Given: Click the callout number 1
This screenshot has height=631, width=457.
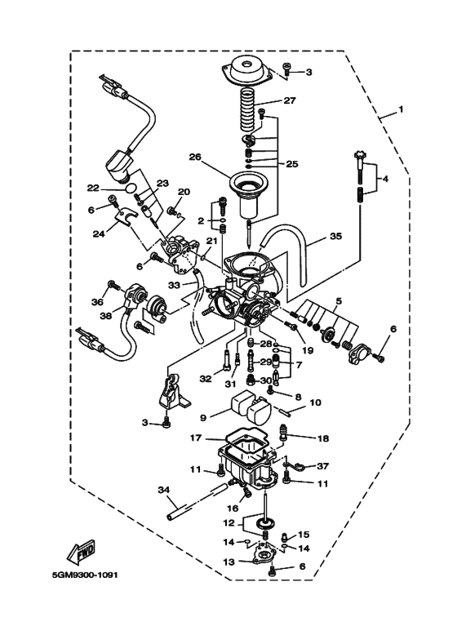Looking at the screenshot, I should point(401,109).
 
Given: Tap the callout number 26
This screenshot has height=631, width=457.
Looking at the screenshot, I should point(194,157).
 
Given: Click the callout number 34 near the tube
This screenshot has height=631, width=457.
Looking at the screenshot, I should point(164,490).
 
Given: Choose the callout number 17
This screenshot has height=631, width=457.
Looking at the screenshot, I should point(196,438).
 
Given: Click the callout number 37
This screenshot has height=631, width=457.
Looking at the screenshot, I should point(323,466).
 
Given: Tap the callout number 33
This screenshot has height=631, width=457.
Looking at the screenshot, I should point(173,286).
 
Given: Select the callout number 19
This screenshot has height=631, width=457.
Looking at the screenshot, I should point(308,350).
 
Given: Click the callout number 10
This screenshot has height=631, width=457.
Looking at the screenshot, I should point(316,402).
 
